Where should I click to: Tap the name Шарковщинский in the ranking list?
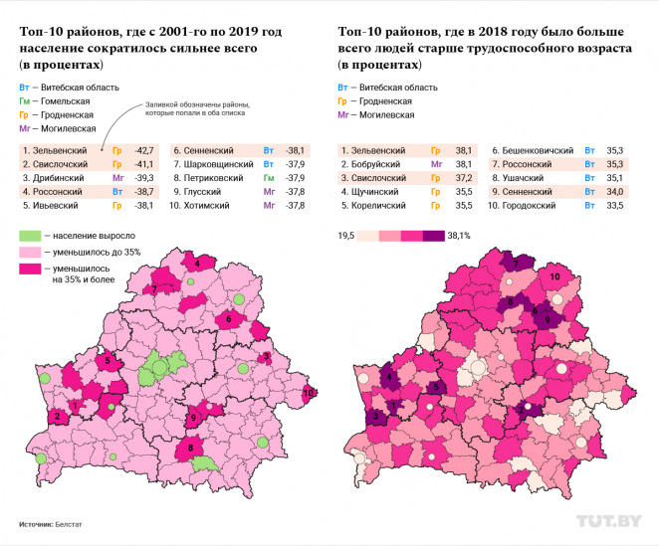(x=218, y=163)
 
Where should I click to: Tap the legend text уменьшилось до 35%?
(x=97, y=253)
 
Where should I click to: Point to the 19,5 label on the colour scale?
(x=346, y=236)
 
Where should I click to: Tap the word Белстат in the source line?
(x=70, y=522)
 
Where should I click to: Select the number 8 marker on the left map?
(x=189, y=449)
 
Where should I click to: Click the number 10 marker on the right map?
(x=554, y=275)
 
